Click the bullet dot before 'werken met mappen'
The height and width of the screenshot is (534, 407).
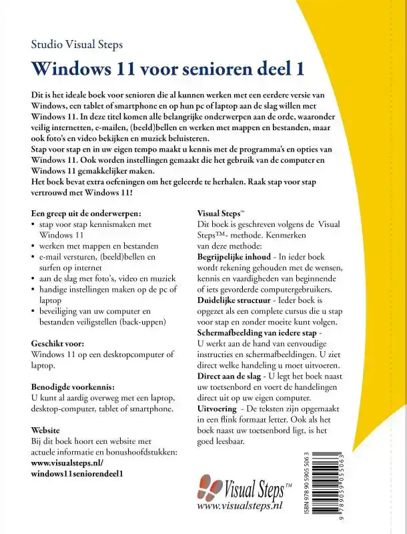(x=34, y=246)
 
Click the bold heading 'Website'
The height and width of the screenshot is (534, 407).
(x=45, y=431)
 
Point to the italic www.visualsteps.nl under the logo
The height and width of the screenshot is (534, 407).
(x=241, y=507)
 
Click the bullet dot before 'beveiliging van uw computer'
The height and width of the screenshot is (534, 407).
(x=34, y=310)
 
